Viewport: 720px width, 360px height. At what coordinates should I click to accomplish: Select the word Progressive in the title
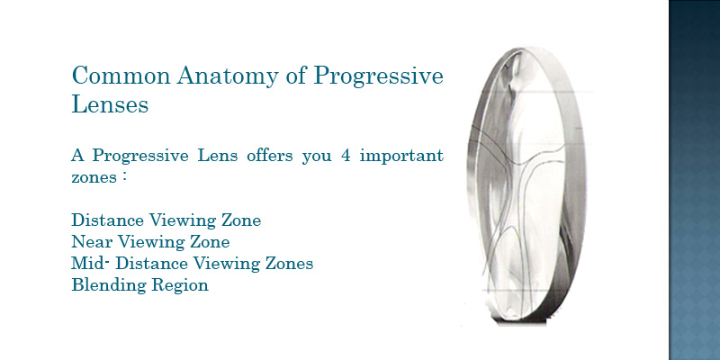click(378, 76)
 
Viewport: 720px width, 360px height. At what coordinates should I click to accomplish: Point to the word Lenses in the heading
click(110, 104)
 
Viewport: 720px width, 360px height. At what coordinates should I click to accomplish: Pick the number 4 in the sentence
click(346, 155)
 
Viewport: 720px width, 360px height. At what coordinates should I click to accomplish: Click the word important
click(401, 156)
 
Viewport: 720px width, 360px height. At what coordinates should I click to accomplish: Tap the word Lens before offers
click(217, 155)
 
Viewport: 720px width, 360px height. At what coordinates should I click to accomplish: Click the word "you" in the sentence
click(317, 157)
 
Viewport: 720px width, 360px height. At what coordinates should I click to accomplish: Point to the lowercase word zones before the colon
click(94, 177)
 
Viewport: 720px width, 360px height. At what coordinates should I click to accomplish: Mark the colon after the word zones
click(124, 177)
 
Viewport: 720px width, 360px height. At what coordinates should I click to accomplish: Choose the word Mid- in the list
click(91, 263)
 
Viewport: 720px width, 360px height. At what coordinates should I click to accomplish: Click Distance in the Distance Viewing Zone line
click(107, 220)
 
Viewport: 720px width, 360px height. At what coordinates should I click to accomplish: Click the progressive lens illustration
click(526, 186)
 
